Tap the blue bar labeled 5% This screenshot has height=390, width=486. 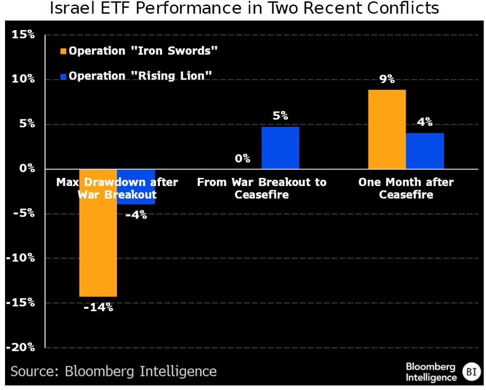click(280, 148)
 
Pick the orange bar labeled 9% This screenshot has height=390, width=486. click(387, 130)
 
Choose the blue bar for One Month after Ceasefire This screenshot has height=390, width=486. click(425, 151)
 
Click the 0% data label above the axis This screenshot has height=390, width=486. click(243, 159)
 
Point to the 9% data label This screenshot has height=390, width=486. click(387, 79)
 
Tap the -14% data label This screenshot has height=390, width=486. click(98, 307)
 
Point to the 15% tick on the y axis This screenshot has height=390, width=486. click(23, 35)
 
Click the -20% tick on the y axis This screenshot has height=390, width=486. click(20, 348)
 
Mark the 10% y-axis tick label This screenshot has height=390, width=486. click(23, 79)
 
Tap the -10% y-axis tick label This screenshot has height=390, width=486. click(20, 258)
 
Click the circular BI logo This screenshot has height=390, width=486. click(470, 372)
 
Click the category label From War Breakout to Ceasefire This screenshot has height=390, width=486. click(262, 188)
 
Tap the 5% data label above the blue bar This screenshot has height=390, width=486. click(280, 116)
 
